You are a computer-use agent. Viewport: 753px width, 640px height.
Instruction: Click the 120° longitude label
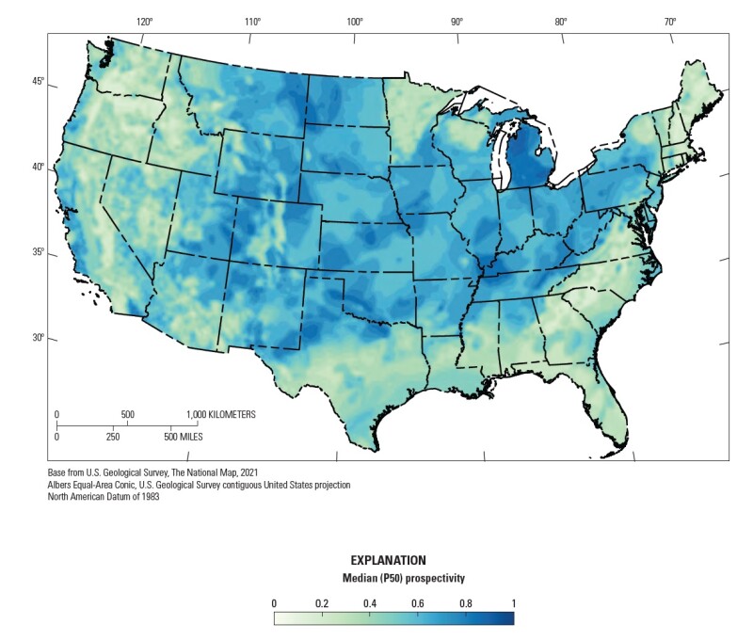pos(143,22)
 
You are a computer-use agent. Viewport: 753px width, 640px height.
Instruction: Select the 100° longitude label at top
pos(354,22)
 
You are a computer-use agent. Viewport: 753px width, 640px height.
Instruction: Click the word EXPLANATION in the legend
pos(393,560)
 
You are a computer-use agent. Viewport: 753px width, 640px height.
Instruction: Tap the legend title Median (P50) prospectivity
pos(393,576)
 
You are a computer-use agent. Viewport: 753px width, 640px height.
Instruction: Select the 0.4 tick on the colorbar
pos(370,602)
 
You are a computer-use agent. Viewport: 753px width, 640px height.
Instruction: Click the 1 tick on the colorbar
pos(513,602)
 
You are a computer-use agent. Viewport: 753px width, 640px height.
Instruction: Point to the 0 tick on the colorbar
pos(274,602)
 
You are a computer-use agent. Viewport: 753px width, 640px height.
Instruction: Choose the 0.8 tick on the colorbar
pos(466,602)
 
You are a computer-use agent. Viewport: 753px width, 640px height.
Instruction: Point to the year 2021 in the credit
pos(246,472)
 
